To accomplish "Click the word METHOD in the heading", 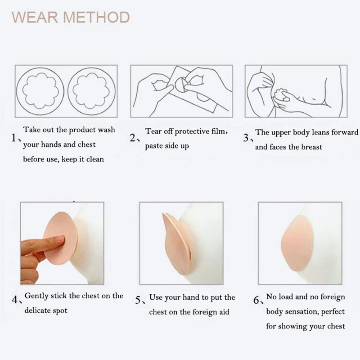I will [x=96, y=18].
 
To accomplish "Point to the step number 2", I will [x=134, y=138].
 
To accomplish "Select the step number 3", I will [x=246, y=138].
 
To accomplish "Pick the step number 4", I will [x=15, y=299].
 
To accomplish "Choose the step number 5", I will [x=139, y=300].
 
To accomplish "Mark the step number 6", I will [x=257, y=300].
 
